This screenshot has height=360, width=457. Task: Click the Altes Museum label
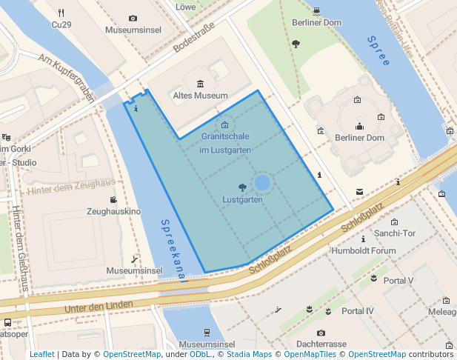point(200,96)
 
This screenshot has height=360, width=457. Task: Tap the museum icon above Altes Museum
point(200,83)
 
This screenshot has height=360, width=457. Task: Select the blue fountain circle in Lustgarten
point(262,182)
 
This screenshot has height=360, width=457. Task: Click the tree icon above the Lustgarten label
point(242,187)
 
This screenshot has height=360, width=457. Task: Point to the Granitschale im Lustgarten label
point(224,144)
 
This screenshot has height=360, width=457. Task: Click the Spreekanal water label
point(173,250)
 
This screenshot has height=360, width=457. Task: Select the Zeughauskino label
point(113,212)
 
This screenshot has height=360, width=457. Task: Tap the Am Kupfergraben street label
point(67,77)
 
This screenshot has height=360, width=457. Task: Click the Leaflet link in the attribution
point(41,354)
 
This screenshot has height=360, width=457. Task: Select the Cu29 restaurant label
point(61,24)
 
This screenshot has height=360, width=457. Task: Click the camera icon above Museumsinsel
point(133,18)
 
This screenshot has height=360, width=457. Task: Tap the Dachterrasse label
point(321,344)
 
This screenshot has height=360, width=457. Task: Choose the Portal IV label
point(358,310)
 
